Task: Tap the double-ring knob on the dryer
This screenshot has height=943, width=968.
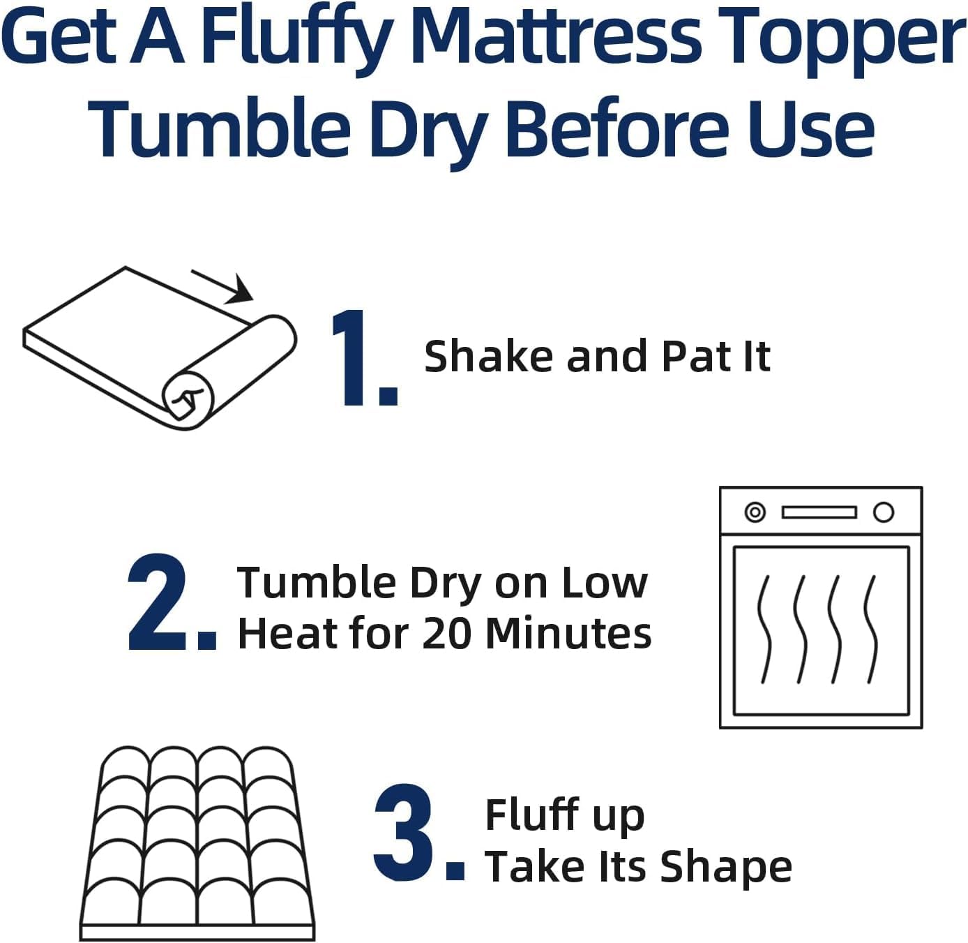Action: [x=755, y=512]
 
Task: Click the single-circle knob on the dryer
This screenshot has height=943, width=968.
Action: [x=884, y=512]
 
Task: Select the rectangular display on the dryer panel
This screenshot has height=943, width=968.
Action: [x=819, y=512]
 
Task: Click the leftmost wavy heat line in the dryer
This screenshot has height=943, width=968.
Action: [x=765, y=628]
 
